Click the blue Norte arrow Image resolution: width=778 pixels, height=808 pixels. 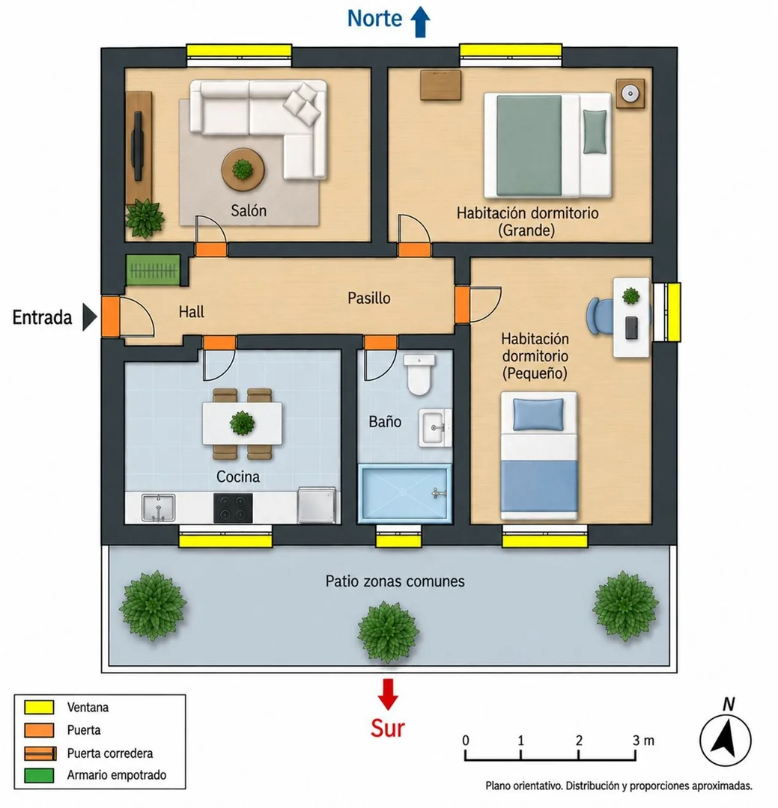click(x=420, y=22)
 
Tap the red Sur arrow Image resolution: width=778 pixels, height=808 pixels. click(x=387, y=694)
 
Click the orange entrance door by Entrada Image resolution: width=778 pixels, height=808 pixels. click(x=110, y=316)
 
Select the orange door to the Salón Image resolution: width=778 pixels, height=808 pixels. click(x=211, y=249)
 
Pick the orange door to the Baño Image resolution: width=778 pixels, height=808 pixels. click(x=380, y=342)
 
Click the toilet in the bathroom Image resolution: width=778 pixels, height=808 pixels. click(x=419, y=375)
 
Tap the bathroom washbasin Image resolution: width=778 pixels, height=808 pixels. click(x=435, y=427)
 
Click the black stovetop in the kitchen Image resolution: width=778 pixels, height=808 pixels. click(x=233, y=507)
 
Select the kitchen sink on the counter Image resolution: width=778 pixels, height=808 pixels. click(x=159, y=507)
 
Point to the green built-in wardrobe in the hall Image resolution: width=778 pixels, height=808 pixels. click(x=154, y=270)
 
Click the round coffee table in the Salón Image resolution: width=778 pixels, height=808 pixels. click(x=243, y=170)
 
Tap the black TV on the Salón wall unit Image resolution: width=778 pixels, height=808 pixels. click(x=138, y=147)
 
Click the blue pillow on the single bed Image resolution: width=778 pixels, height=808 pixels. click(x=538, y=414)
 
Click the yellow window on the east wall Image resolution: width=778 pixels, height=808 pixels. click(x=673, y=312)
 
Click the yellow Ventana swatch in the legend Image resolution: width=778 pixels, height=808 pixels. click(x=39, y=707)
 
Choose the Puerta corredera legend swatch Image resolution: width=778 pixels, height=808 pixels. click(x=40, y=753)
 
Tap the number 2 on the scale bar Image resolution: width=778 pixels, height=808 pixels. click(x=579, y=740)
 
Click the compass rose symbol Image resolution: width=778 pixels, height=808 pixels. click(x=725, y=741)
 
